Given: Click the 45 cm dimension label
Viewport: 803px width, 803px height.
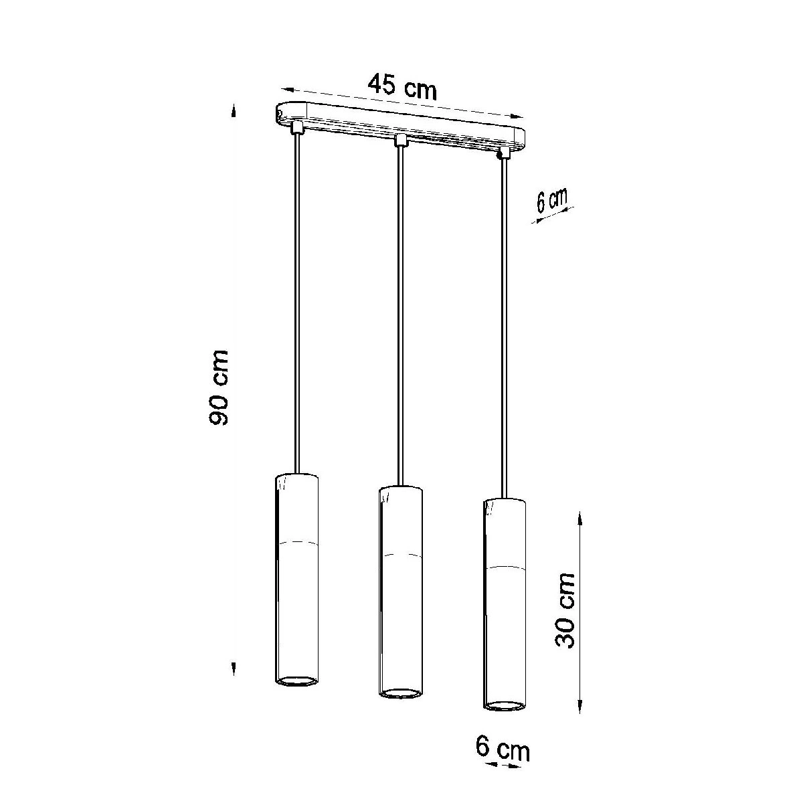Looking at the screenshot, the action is point(403,87).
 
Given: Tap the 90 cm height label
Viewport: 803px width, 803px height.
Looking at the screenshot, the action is point(218,388).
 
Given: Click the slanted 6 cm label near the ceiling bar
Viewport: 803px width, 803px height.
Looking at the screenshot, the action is point(551,201).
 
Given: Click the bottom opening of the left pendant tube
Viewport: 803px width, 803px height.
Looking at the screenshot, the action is point(297,681).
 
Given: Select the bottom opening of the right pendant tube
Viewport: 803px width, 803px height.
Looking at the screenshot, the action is point(505,705).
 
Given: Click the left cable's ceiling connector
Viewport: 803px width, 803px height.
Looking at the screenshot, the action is point(298,128).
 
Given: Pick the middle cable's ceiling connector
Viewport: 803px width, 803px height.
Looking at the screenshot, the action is point(400,141).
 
